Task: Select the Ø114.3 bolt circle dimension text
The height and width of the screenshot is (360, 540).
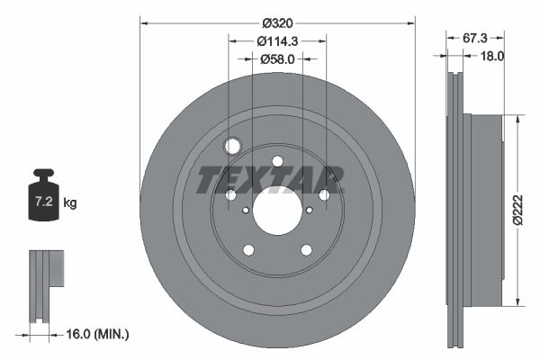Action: click(277, 40)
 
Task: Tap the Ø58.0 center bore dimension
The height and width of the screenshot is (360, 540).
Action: click(277, 59)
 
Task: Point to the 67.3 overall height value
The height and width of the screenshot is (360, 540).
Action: click(474, 38)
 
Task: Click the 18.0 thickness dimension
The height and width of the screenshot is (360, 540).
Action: click(492, 56)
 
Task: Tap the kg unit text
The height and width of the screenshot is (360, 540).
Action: click(70, 203)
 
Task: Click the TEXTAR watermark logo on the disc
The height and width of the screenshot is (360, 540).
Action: click(270, 179)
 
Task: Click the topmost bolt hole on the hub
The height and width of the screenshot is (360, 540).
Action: click(277, 161)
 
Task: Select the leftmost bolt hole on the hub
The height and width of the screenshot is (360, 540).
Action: click(230, 195)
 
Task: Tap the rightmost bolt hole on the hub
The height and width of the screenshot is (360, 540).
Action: click(324, 195)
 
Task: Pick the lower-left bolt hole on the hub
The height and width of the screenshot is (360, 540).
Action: click(248, 250)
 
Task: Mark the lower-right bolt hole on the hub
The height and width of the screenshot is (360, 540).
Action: click(306, 250)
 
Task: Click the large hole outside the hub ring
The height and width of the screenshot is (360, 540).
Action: click(233, 147)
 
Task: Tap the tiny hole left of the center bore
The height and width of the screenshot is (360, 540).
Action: click(246, 210)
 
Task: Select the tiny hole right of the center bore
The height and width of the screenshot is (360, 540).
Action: click(309, 210)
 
